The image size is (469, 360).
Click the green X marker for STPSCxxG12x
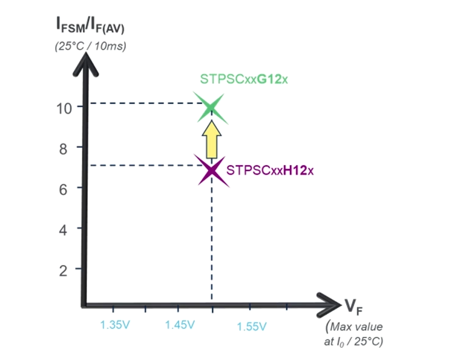point(211,108)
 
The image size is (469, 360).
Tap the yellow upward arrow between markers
point(211,139)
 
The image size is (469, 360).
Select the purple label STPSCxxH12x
point(270,171)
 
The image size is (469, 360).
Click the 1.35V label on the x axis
point(114,326)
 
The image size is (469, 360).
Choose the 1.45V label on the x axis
point(180,326)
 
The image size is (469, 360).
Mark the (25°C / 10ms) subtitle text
point(90,46)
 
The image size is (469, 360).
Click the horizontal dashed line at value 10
point(145,103)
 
